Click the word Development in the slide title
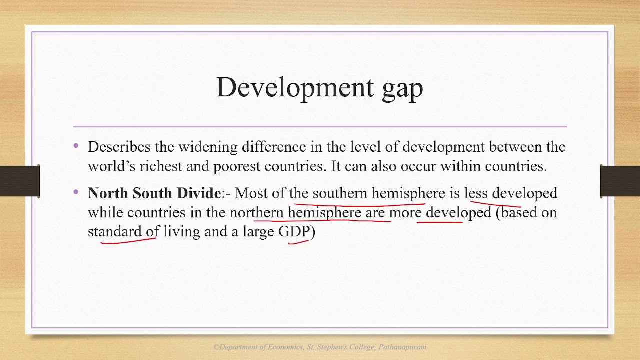point(295,88)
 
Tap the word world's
point(111,166)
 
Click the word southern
point(340,193)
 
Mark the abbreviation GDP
point(294,231)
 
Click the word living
point(182,232)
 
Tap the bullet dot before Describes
point(76,146)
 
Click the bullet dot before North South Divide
point(76,192)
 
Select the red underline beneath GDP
point(298,242)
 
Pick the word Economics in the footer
point(285,347)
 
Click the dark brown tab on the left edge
point(19,179)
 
